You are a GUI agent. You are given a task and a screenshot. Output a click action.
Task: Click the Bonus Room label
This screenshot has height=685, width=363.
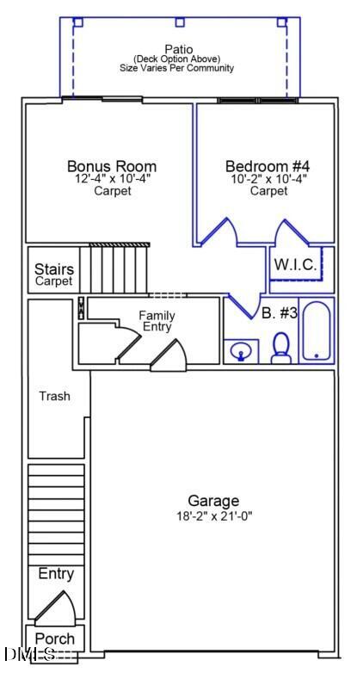click(112, 166)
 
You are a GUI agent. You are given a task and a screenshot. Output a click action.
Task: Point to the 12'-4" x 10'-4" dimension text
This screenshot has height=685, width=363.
click(112, 179)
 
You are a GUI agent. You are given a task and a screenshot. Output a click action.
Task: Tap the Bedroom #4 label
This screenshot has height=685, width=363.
click(268, 166)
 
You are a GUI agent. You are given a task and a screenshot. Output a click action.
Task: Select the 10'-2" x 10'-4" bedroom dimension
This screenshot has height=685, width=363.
click(268, 179)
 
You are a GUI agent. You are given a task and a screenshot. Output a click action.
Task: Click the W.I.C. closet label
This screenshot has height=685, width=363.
click(295, 265)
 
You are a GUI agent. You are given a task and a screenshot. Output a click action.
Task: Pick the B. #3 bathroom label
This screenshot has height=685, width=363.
click(279, 313)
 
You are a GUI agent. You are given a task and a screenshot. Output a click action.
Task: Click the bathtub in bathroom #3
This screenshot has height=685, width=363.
click(316, 331)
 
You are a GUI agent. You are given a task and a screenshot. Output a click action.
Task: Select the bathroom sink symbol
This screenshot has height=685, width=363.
click(241, 351)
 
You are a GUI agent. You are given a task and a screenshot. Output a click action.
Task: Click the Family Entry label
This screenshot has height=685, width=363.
click(157, 321)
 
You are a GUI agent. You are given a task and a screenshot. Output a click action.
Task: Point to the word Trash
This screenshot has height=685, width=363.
click(54, 397)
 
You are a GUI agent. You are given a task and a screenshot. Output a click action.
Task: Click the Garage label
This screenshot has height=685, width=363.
click(213, 501)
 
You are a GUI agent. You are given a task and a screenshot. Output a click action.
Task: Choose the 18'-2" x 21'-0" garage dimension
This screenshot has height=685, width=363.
click(213, 516)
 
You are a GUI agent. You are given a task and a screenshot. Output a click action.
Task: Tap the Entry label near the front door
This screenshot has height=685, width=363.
click(56, 574)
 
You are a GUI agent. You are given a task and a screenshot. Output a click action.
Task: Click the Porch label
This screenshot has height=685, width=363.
click(55, 639)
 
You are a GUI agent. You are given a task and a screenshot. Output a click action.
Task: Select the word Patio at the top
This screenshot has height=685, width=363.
click(179, 49)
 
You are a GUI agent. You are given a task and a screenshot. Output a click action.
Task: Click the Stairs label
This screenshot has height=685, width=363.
click(53, 269)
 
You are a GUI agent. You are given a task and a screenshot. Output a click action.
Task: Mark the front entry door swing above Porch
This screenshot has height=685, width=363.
click(56, 608)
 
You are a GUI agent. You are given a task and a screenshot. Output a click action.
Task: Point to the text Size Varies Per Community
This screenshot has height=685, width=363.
click(179, 68)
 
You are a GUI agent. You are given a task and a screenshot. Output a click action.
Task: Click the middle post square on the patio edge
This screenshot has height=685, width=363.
click(179, 22)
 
